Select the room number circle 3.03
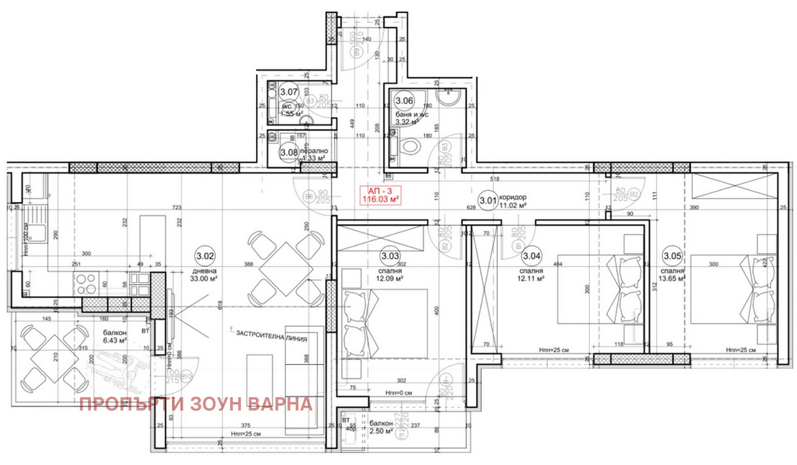[390, 256]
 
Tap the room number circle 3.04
[532, 256]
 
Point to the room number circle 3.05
[672, 256]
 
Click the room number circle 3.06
[404, 101]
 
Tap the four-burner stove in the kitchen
[84, 283]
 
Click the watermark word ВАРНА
[281, 404]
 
